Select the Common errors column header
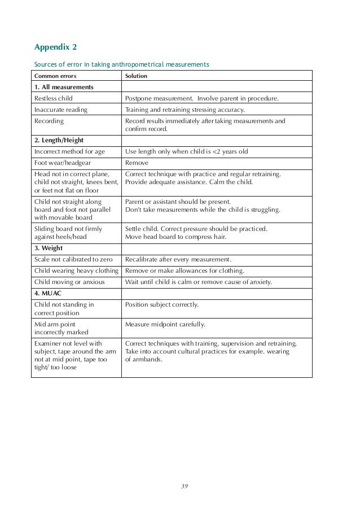pyautogui.click(x=55, y=75)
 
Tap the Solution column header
pyautogui.click(x=136, y=75)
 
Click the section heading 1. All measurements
pyautogui.click(x=64, y=87)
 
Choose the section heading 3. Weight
pyautogui.click(x=49, y=248)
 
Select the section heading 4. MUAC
pyautogui.click(x=48, y=293)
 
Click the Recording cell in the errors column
pyautogui.click(x=49, y=121)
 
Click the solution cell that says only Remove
pyautogui.click(x=137, y=163)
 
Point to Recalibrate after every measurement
pyautogui.click(x=178, y=259)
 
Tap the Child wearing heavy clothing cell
pyautogui.click(x=77, y=271)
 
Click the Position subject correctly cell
pyautogui.click(x=161, y=305)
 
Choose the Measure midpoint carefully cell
pyautogui.click(x=165, y=324)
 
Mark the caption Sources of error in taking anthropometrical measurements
pyautogui.click(x=120, y=64)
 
